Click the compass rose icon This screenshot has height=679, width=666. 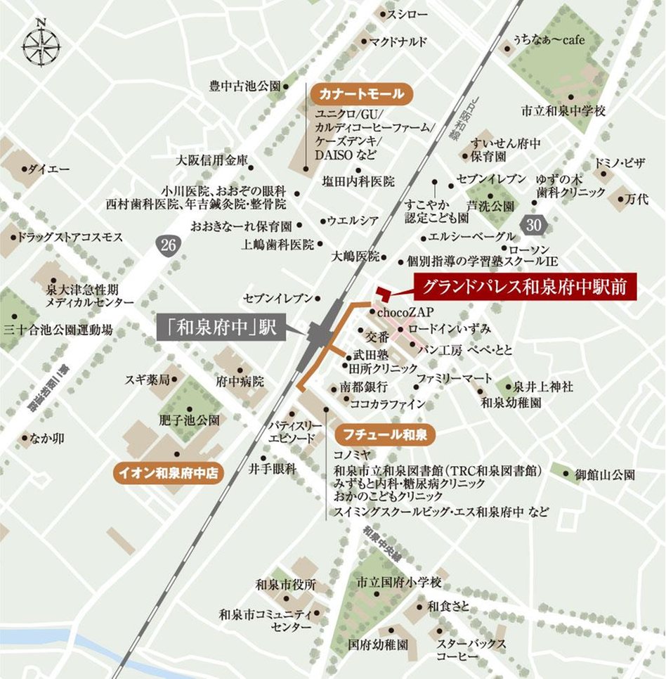41,46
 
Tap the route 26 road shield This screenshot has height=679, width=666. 166,245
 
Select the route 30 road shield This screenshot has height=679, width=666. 535,225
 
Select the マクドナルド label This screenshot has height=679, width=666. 398,41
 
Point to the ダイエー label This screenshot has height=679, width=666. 48,169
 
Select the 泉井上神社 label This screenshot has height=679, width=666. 543,386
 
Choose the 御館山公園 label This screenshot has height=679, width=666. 605,475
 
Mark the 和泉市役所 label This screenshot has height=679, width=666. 286,584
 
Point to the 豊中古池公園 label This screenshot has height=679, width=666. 244,86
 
